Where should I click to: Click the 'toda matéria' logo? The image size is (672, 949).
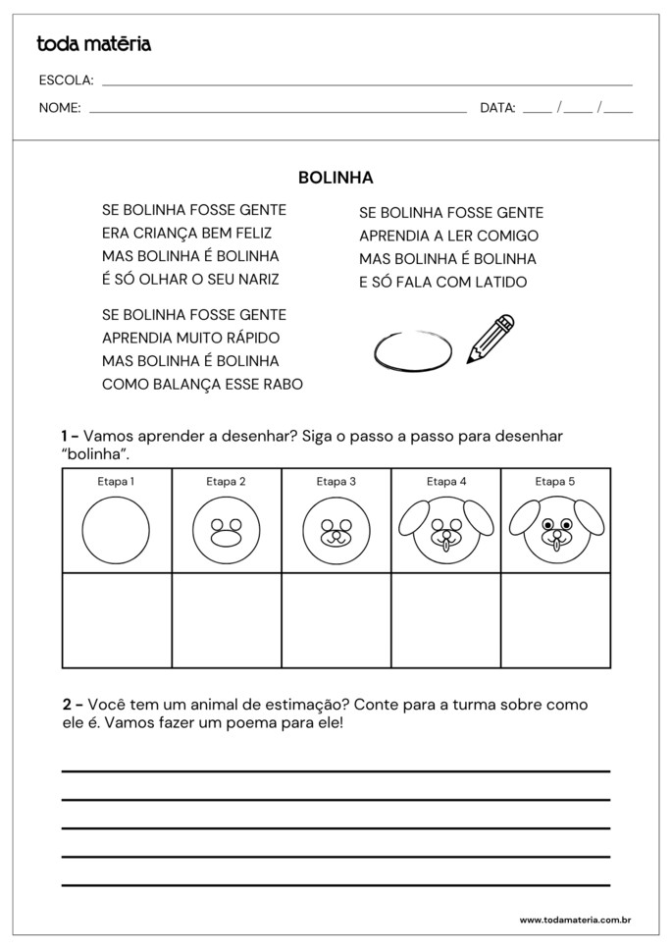(x=93, y=44)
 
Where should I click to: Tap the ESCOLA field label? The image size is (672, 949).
(x=66, y=80)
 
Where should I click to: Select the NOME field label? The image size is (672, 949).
(x=59, y=108)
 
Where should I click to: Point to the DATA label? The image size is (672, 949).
(x=497, y=108)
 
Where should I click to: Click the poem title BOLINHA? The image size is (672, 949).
(x=336, y=178)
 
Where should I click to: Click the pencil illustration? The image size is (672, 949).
(x=491, y=339)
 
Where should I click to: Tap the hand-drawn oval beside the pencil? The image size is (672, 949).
(x=413, y=349)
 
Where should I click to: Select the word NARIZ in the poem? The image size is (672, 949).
(x=256, y=280)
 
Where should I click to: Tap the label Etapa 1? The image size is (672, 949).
(x=116, y=481)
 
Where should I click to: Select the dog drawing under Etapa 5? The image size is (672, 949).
(x=555, y=530)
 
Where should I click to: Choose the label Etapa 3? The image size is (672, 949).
(x=336, y=481)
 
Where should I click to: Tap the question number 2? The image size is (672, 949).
(x=67, y=705)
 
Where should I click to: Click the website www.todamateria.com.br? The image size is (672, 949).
(x=574, y=921)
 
